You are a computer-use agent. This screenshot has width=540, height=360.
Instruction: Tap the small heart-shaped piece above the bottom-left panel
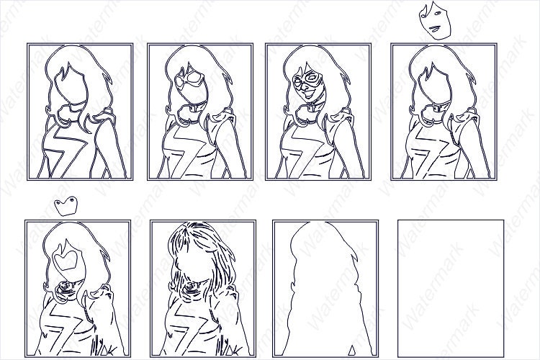(x=68, y=205)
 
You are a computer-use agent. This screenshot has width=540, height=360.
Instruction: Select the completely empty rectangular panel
(x=443, y=288)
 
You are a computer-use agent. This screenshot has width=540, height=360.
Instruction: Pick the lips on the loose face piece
(x=435, y=28)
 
